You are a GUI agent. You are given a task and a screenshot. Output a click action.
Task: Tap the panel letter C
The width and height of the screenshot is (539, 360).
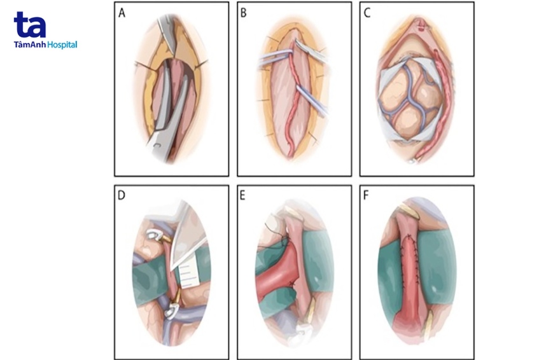click(367, 13)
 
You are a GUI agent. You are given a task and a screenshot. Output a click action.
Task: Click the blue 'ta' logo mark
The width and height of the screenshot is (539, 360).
click(30, 25)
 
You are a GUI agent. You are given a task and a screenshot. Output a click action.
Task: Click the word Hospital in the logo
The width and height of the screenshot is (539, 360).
click(62, 45)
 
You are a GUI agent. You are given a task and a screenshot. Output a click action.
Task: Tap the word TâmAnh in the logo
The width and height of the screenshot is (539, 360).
click(29, 45)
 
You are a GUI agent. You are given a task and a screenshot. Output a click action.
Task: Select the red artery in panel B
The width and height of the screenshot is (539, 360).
click(293, 95)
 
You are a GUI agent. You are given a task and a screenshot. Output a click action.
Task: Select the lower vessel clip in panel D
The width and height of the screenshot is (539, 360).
click(171, 311)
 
